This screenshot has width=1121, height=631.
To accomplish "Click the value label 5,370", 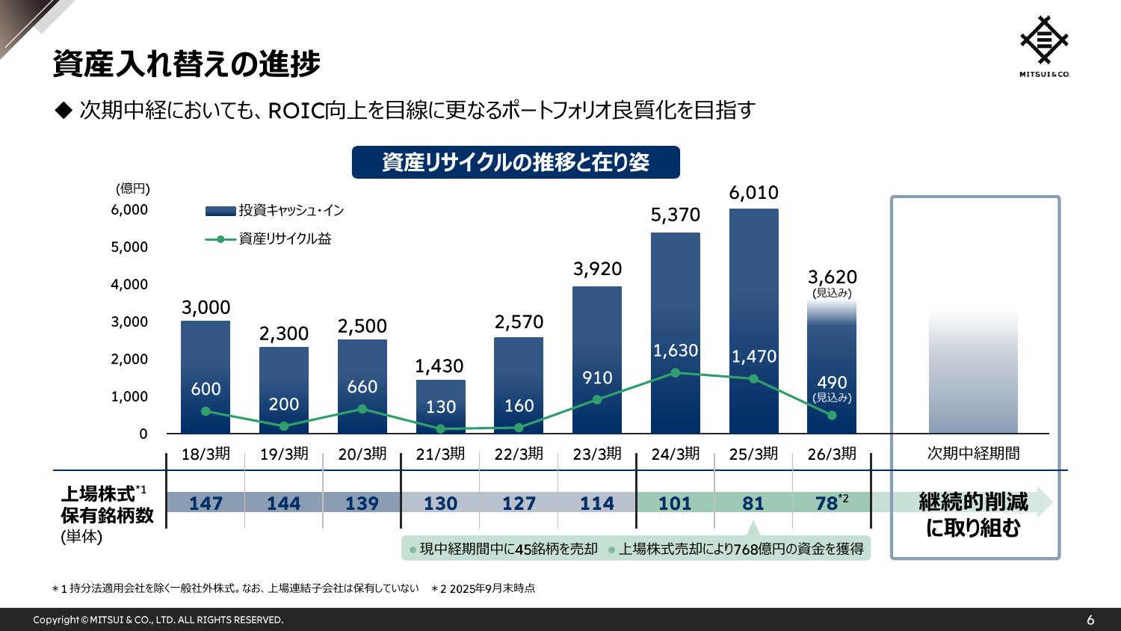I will [676, 215].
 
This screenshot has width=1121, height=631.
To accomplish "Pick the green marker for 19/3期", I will [284, 426].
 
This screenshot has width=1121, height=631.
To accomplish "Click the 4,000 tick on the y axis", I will [130, 285].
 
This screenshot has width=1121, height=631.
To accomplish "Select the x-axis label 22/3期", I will [519, 454].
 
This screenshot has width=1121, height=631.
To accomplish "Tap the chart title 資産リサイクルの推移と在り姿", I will [516, 162].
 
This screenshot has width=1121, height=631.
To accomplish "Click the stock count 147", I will [206, 503].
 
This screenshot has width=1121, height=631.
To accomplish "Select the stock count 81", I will [753, 503].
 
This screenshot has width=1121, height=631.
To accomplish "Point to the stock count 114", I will [597, 503].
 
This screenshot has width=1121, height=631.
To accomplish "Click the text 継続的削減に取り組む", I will [973, 514].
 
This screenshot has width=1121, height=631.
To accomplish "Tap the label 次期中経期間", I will [973, 454].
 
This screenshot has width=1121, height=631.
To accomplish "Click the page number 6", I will [1090, 620].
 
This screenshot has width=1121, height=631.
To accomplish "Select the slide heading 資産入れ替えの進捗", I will [187, 64].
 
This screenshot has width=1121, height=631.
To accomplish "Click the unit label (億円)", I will [133, 188].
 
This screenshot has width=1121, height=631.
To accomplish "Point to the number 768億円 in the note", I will [757, 550].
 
